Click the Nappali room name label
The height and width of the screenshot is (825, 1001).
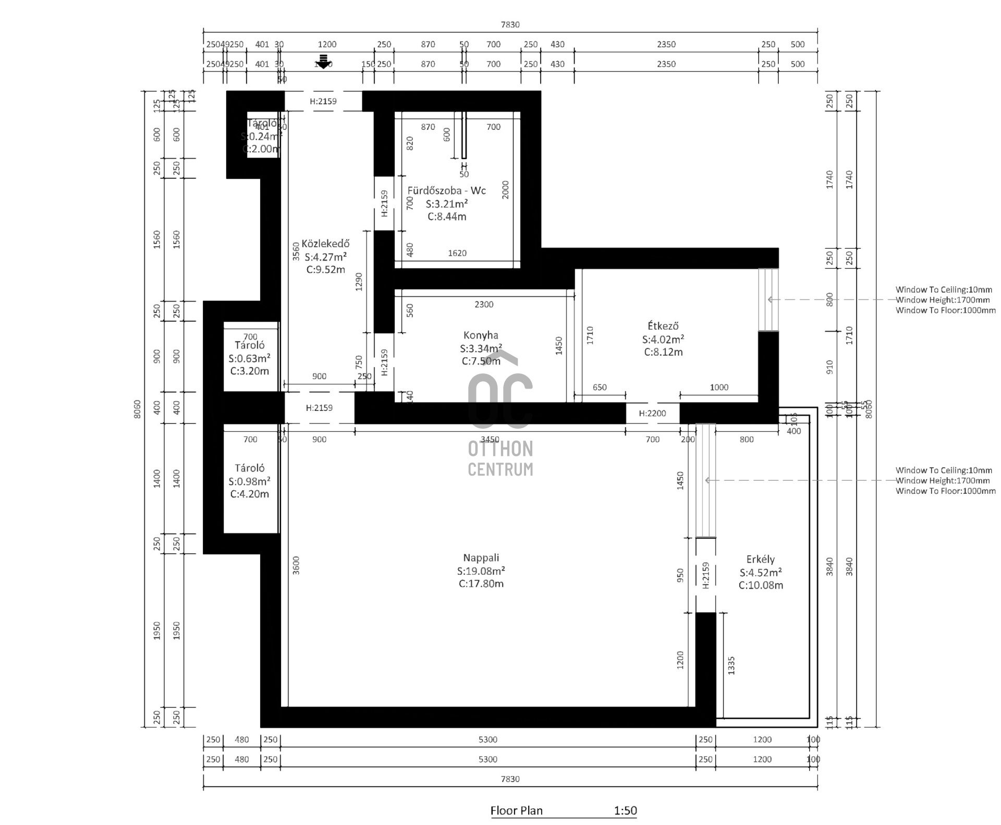point(481,558)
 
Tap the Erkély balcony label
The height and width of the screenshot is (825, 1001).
point(760,560)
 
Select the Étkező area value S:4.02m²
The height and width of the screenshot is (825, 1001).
point(663,339)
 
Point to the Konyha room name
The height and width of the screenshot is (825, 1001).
point(481,335)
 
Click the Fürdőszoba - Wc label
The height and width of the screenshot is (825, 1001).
point(446,190)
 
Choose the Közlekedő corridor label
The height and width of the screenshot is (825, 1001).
point(325,244)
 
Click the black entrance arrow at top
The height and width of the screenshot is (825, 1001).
point(324,62)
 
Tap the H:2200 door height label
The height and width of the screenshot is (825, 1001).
point(652,414)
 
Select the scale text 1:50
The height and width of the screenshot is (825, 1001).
point(625,810)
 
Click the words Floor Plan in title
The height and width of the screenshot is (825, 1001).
point(516,810)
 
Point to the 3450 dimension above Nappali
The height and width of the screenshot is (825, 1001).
point(490,440)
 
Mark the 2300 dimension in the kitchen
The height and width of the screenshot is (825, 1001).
point(484,305)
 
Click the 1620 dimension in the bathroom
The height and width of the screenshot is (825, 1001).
point(457,253)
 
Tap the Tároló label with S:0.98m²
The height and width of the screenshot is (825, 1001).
point(249,468)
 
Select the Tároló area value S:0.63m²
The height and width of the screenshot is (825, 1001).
point(249,358)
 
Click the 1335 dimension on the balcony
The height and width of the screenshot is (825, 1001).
point(731,665)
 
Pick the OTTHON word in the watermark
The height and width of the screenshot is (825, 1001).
point(500,449)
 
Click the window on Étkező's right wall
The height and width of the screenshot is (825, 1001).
point(768,299)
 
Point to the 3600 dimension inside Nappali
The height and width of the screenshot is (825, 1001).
point(296,566)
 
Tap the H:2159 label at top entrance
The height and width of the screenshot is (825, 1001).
point(323,101)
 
